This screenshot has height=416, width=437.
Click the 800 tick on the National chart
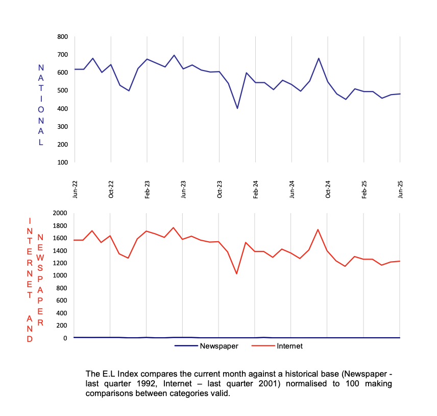click(62, 37)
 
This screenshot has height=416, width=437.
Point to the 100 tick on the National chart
click(62, 163)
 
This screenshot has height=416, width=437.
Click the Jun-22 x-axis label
click(75, 189)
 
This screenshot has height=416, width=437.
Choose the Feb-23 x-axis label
click(147, 189)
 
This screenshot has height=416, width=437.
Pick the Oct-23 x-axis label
click(220, 189)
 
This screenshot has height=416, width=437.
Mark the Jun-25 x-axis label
click(400, 189)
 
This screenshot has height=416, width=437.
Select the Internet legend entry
click(289, 346)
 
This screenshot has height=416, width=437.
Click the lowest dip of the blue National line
click(237, 108)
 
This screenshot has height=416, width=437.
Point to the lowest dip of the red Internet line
click(237, 273)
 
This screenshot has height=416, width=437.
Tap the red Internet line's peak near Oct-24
click(319, 229)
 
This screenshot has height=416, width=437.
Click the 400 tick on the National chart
click(62, 109)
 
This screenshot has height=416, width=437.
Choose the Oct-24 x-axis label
click(328, 189)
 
